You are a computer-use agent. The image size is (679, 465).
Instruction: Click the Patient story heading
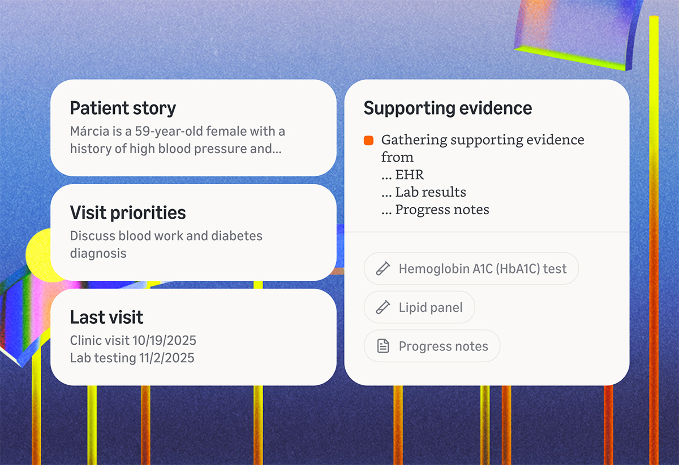(123, 108)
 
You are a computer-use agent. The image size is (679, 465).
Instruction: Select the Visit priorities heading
(128, 212)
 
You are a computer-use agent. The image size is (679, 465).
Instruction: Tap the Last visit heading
(106, 317)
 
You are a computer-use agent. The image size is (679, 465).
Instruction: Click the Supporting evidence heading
(448, 108)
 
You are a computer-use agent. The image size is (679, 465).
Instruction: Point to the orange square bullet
(369, 140)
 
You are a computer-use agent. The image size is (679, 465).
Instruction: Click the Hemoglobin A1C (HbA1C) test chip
(471, 268)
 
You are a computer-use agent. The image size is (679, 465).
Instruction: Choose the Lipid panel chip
(419, 307)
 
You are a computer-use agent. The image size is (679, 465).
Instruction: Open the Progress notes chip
(432, 346)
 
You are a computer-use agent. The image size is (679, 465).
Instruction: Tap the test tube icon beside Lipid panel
(383, 307)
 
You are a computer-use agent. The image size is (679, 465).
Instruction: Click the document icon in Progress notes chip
(383, 346)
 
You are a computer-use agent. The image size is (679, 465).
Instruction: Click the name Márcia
(88, 132)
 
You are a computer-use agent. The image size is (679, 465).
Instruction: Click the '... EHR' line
(402, 175)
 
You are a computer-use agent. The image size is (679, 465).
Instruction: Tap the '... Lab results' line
(423, 192)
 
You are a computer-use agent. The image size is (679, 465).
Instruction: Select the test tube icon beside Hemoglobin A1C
(383, 268)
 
